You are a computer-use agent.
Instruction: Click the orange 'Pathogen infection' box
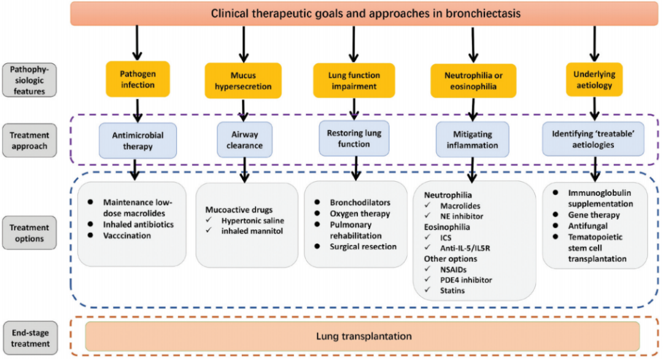(x=138, y=79)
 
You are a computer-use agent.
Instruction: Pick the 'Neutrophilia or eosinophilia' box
(x=473, y=80)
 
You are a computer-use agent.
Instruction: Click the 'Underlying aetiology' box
(x=594, y=80)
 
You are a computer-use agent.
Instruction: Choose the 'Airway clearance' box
(x=244, y=141)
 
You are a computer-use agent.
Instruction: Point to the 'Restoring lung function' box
(x=354, y=138)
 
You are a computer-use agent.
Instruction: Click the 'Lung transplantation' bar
(x=363, y=336)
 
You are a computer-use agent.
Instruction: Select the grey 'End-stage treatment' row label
(x=29, y=337)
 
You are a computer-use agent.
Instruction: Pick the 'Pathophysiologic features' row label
(x=29, y=80)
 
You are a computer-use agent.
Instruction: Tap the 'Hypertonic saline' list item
(x=252, y=221)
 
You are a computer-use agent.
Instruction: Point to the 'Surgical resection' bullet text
(x=363, y=246)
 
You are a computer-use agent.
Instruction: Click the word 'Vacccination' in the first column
(x=127, y=236)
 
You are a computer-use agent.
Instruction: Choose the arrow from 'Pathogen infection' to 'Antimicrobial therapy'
(x=137, y=110)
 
